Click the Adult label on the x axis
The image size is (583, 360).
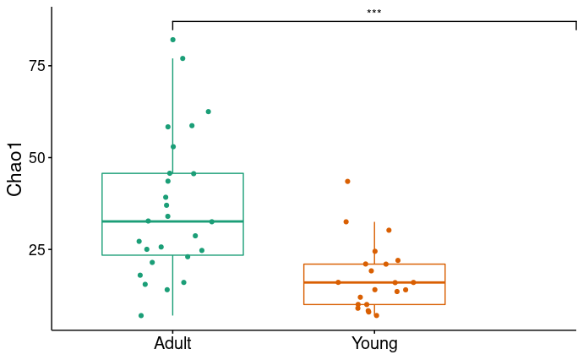tap(172, 344)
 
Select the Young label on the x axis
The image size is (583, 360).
tap(374, 344)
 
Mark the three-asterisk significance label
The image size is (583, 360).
tap(374, 12)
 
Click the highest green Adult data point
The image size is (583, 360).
tap(173, 40)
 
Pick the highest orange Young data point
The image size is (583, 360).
tap(347, 182)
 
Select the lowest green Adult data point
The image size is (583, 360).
tap(141, 316)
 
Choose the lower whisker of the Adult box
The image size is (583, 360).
tap(172, 287)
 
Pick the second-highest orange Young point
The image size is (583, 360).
tap(346, 222)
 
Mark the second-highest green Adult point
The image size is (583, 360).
tap(183, 58)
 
